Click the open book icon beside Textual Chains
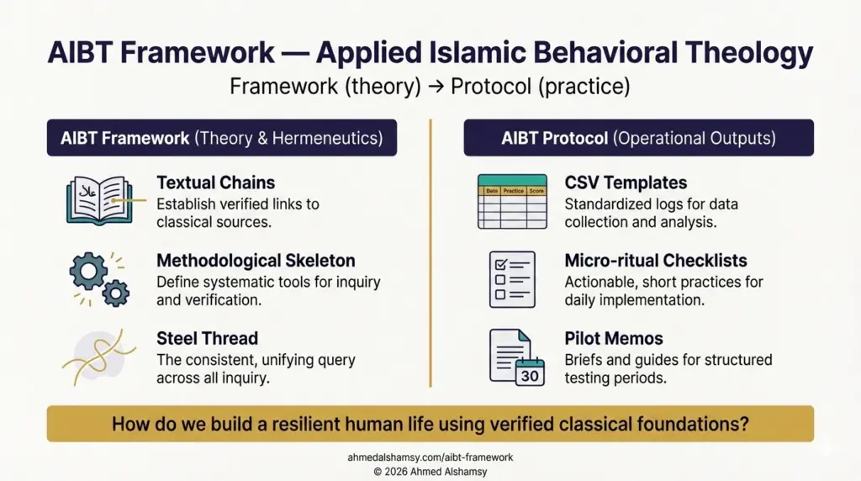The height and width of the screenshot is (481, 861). click(98, 200)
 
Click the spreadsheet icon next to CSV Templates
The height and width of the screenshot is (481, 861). click(511, 201)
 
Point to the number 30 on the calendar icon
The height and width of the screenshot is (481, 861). click(530, 375)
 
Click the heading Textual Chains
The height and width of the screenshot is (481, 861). click(215, 182)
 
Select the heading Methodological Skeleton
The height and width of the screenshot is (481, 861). click(256, 261)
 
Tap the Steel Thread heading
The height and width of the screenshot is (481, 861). click(207, 338)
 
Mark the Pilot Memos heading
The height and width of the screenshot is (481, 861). click(614, 338)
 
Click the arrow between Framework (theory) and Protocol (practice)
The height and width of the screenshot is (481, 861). click(436, 87)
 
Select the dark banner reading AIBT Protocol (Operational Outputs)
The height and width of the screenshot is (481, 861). click(638, 138)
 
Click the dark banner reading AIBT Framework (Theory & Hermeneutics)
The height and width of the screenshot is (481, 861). click(222, 138)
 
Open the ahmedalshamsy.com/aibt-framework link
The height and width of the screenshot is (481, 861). click(430, 457)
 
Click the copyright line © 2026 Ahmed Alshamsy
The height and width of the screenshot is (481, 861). click(430, 471)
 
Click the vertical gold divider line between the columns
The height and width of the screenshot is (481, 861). click(430, 252)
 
